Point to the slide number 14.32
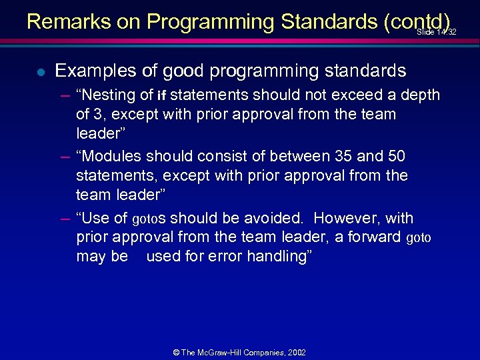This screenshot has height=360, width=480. pos(437,32)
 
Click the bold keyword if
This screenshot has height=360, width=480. pos(161,95)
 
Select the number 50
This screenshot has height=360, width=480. pos(397,156)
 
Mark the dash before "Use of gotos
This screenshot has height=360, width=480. pos(65,218)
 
